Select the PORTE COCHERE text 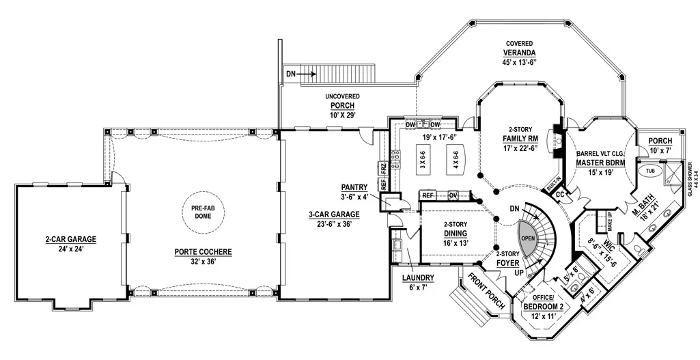pyautogui.click(x=203, y=252)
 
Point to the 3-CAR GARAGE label pyautogui.click(x=334, y=214)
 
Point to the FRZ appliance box pyautogui.click(x=382, y=169)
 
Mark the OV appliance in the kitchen pyautogui.click(x=453, y=195)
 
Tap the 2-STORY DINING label pyautogui.click(x=456, y=229)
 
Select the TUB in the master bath pyautogui.click(x=648, y=171)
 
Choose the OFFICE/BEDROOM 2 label pyautogui.click(x=544, y=303)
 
